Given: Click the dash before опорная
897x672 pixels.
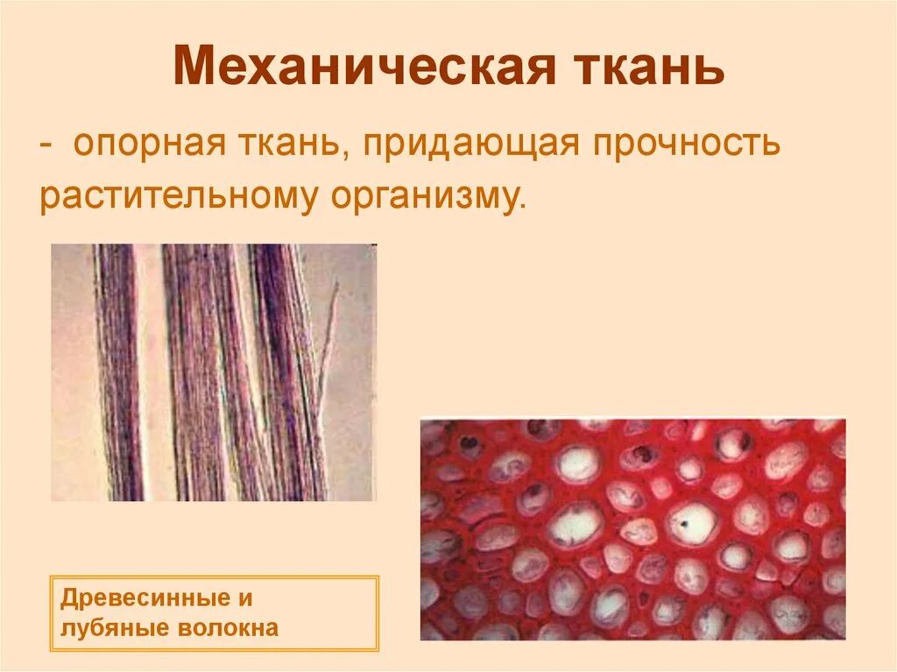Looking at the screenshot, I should coord(46,145).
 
